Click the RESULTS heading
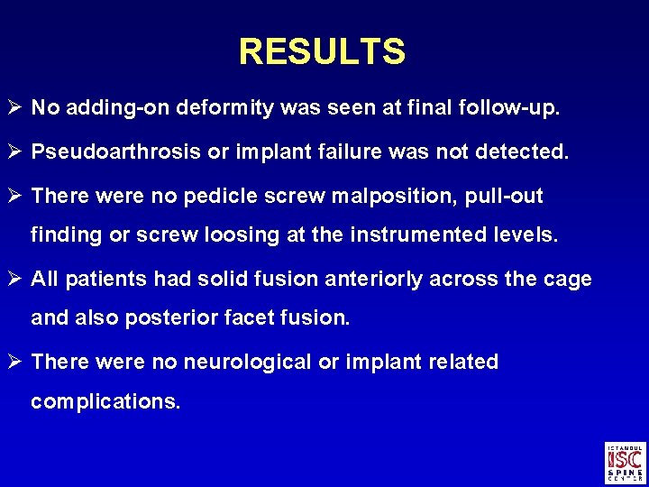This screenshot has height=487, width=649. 322,52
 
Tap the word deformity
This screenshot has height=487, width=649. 224,109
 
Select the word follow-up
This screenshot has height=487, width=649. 515,109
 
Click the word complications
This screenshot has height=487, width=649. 105,402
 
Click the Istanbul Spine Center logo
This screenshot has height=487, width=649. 626,463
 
